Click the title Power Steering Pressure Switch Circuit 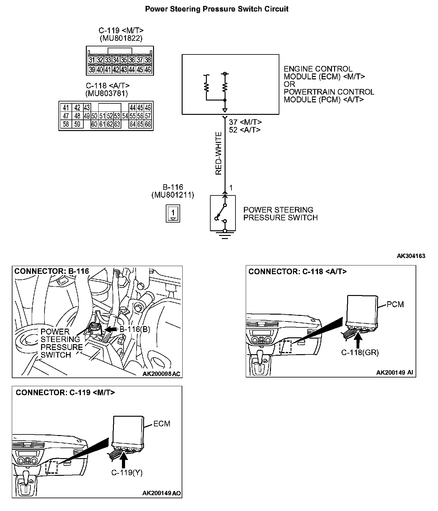coord(217,9)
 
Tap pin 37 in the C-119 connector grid coord(140,60)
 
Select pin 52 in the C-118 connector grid coord(110,116)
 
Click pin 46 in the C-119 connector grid coord(148,70)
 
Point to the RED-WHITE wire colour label coord(219,153)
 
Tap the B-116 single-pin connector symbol coord(173,213)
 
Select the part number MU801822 coord(121,38)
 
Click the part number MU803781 coord(106,93)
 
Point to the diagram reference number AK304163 coord(411,256)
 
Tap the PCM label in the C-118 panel coord(395,304)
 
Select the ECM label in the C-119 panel coord(162,424)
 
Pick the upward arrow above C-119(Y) coord(124,460)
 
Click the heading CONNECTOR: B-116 coord(52,271)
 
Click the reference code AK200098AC coord(161,374)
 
